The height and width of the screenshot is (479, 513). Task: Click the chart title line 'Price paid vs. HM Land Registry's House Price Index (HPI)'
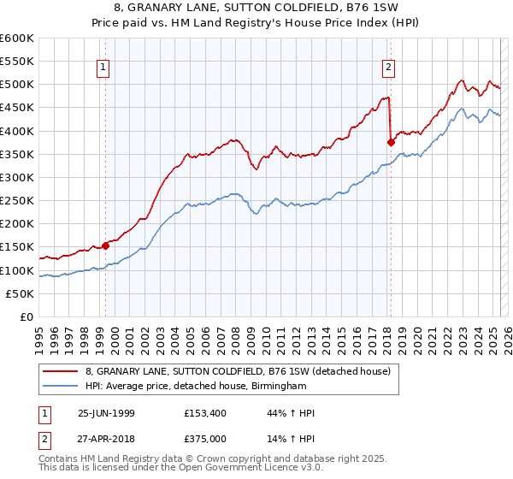pyautogui.click(x=257, y=23)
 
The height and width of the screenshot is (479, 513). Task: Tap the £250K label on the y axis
pyautogui.click(x=17, y=201)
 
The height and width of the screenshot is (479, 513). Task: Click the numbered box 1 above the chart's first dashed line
pyautogui.click(x=103, y=67)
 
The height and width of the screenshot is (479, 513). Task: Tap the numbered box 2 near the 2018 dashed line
pyautogui.click(x=388, y=67)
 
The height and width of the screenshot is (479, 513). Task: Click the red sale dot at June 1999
pyautogui.click(x=106, y=245)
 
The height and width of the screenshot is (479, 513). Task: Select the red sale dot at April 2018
pyautogui.click(x=391, y=142)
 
